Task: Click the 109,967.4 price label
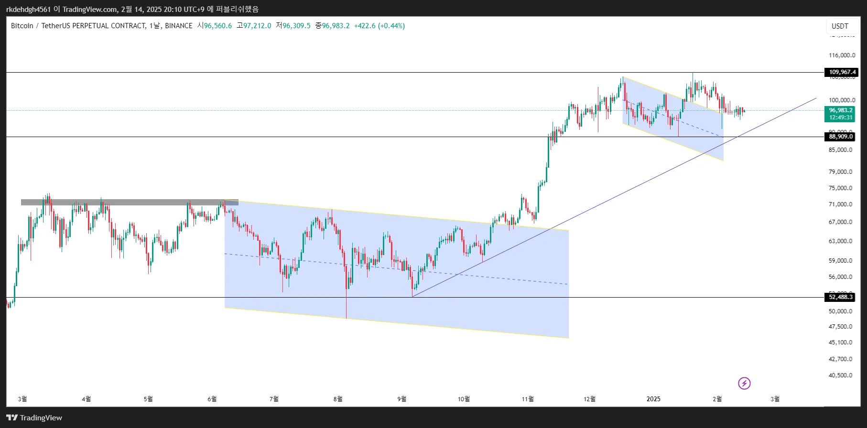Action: [841, 72]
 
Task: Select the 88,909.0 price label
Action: [841, 137]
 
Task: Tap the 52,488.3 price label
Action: [841, 297]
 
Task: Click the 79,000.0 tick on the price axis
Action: [841, 172]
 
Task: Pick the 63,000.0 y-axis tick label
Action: [841, 241]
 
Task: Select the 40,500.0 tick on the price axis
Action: [841, 375]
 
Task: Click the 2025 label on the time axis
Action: [653, 399]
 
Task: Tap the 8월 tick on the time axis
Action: [338, 399]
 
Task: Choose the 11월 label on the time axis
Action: [528, 399]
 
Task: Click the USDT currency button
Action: [840, 26]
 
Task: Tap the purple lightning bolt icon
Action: [744, 383]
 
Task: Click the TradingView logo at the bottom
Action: [34, 418]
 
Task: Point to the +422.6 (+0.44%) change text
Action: [379, 26]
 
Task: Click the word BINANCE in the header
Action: [179, 26]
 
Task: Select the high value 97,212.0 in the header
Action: [257, 26]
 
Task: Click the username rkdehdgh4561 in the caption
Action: [28, 9]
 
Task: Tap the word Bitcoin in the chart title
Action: [22, 26]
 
